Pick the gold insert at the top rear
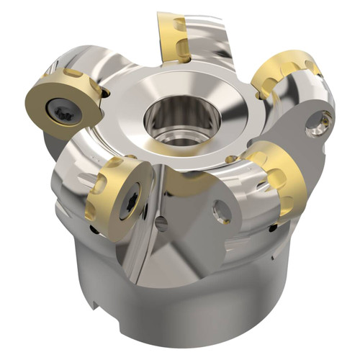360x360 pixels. pyautogui.click(x=173, y=36)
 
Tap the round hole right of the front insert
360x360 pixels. pyautogui.click(x=222, y=211)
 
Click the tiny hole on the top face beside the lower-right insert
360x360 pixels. pyautogui.click(x=230, y=158)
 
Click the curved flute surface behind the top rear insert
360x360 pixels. pyautogui.click(x=209, y=43)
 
